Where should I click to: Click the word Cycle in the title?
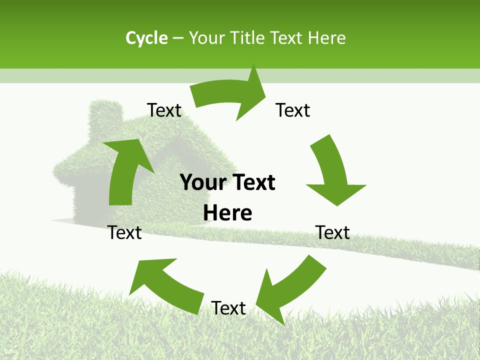146,38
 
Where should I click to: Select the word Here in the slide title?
327,38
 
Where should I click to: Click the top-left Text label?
164,110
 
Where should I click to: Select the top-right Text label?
293,110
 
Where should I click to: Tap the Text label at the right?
332,232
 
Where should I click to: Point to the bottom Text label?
228,308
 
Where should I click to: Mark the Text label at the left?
124,232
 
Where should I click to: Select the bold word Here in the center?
227,213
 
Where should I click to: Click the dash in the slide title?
178,38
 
